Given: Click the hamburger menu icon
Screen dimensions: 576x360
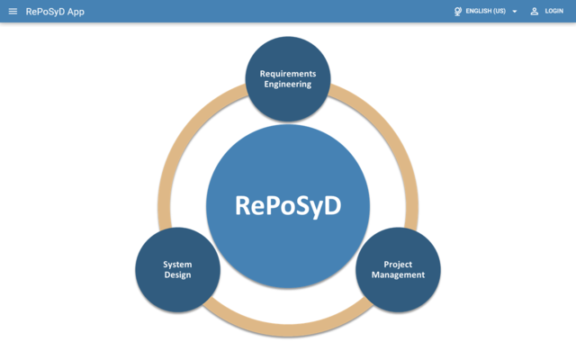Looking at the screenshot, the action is (x=13, y=12).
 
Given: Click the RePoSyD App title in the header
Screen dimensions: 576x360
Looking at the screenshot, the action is (x=55, y=12).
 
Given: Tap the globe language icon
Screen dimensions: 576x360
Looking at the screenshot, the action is (x=458, y=12).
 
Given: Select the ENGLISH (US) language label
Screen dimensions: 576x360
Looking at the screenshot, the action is (x=486, y=11).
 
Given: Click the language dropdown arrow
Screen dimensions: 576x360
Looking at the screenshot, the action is (x=515, y=12).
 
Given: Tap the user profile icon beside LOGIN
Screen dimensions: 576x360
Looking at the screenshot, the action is (x=535, y=12).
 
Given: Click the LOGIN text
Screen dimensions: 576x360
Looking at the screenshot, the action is (x=554, y=11).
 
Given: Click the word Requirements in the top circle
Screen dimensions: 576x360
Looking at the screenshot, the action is (x=288, y=74).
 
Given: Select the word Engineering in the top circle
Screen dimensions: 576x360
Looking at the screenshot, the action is (x=288, y=85).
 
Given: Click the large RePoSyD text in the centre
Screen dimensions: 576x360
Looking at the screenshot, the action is (x=288, y=206).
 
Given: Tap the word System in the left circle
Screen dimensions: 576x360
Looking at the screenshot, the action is (x=177, y=265).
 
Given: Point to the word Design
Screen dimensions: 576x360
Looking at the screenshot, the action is (x=177, y=275).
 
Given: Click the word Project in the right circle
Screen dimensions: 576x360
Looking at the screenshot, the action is (x=398, y=265).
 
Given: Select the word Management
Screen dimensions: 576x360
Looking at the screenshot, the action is (x=398, y=274).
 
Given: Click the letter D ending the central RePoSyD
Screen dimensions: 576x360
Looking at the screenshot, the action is (x=332, y=205).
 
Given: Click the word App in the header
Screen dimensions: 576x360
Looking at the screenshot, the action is (x=76, y=12).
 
